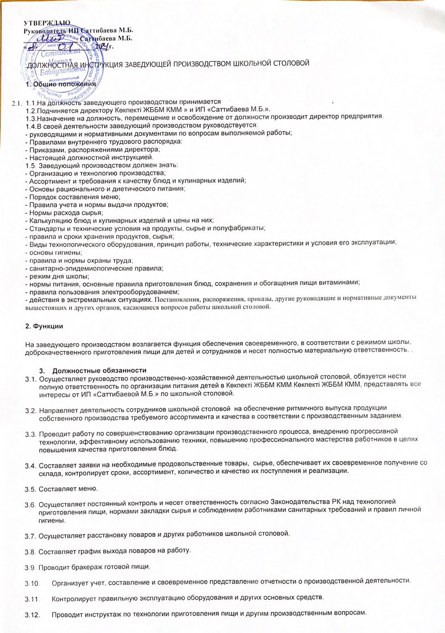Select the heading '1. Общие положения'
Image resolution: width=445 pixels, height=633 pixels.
(x=61, y=84)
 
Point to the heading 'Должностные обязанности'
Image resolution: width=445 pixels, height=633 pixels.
(x=99, y=370)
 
